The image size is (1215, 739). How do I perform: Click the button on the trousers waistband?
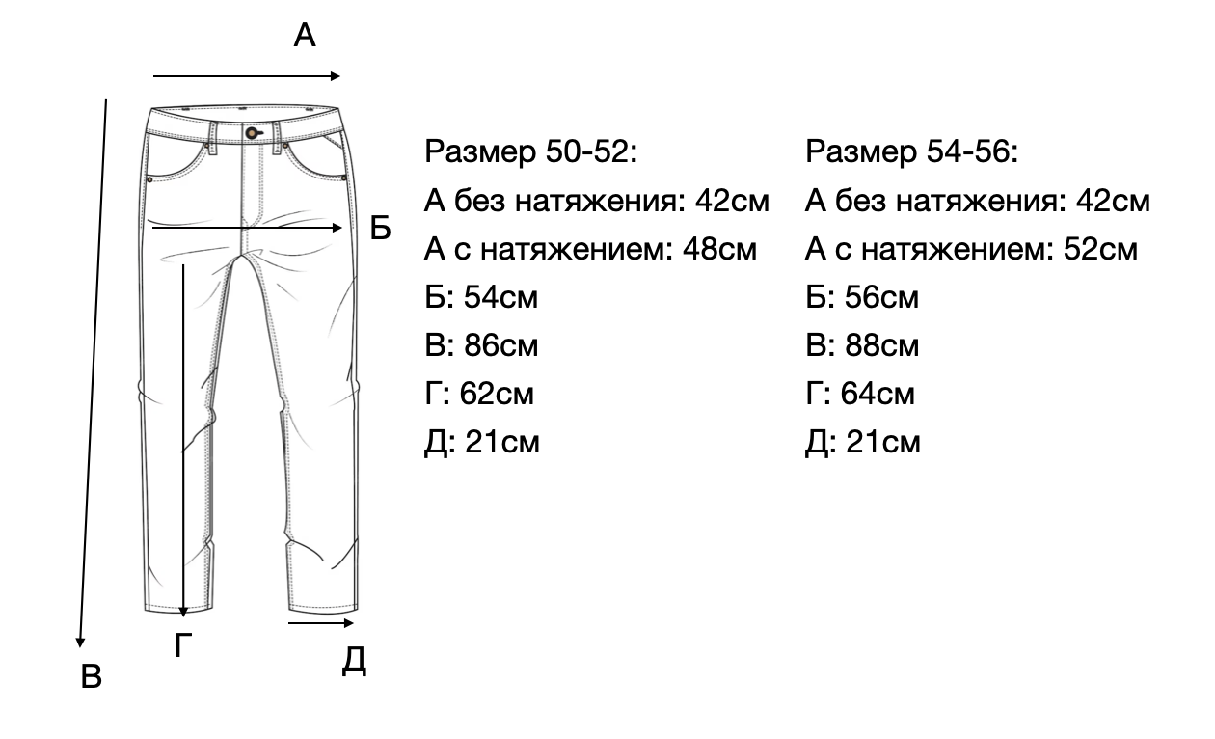point(252,131)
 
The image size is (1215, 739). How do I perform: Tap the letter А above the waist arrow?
point(305,37)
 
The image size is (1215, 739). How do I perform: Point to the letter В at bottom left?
point(91,677)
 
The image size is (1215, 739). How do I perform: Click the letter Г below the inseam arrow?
point(184,646)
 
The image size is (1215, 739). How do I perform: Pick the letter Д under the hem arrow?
point(354,662)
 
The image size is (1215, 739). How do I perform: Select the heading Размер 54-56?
point(912,152)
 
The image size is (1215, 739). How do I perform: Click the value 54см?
point(500,297)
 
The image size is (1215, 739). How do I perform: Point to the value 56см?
point(881,297)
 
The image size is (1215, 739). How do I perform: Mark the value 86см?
point(500,345)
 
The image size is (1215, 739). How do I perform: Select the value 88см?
point(881,345)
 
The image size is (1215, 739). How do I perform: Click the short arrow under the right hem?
point(314,624)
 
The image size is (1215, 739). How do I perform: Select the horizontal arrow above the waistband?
point(247,76)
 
